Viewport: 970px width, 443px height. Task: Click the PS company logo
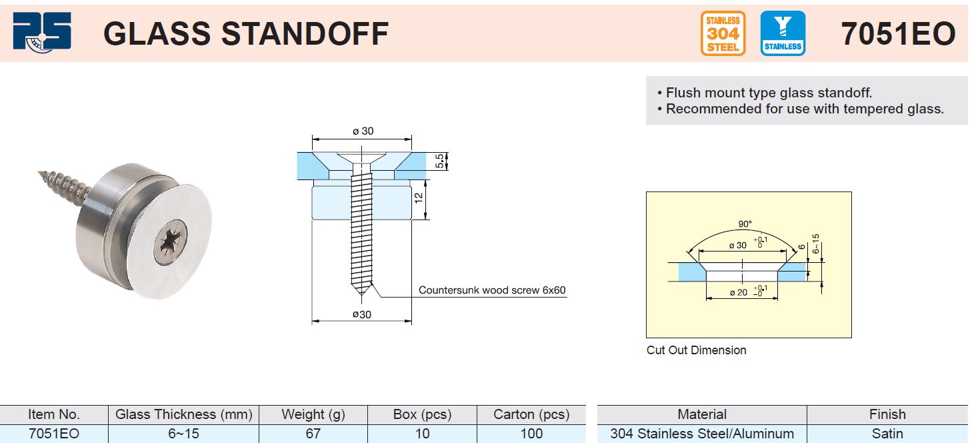tap(42, 33)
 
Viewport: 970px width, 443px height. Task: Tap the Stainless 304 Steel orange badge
tap(723, 33)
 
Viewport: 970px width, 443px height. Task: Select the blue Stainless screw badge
tap(783, 33)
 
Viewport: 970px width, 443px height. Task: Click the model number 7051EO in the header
tap(898, 34)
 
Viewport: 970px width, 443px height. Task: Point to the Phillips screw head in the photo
tap(171, 242)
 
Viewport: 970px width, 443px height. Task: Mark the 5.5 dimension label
tap(439, 161)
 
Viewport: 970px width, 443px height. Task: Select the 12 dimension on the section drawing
tap(418, 199)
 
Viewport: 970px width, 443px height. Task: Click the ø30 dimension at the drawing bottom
tap(361, 314)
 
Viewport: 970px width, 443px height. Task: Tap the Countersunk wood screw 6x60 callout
tap(492, 290)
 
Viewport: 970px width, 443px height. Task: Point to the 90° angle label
tap(745, 224)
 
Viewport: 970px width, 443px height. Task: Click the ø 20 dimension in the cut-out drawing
tap(738, 293)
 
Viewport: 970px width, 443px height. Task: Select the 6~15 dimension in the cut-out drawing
tap(816, 244)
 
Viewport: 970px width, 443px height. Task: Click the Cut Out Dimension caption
tap(696, 350)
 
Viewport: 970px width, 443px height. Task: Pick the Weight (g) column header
tap(313, 414)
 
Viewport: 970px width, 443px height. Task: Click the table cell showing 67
tap(313, 434)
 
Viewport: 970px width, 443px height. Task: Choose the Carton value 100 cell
tap(531, 434)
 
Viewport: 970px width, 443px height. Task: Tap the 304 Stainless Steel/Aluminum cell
tap(702, 434)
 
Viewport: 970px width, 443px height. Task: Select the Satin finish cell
tap(887, 434)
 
